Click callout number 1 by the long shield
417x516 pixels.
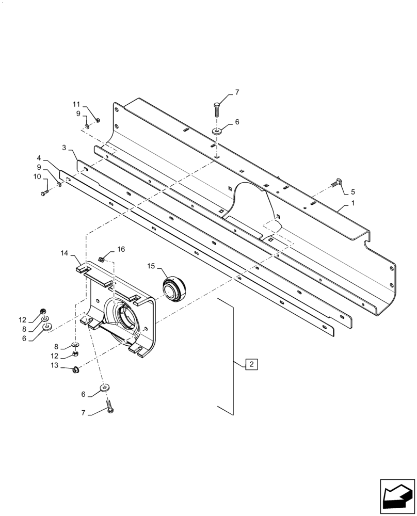pyautogui.click(x=352, y=204)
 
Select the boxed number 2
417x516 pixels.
pyautogui.click(x=251, y=364)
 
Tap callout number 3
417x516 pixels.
pyautogui.click(x=64, y=148)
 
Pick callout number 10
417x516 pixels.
pyautogui.click(x=37, y=176)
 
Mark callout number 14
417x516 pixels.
pyautogui.click(x=65, y=253)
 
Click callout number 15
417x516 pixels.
pyautogui.click(x=151, y=266)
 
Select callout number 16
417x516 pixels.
pyautogui.click(x=121, y=249)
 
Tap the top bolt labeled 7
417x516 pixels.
pyautogui.click(x=216, y=110)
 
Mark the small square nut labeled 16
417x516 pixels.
pyautogui.click(x=102, y=258)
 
